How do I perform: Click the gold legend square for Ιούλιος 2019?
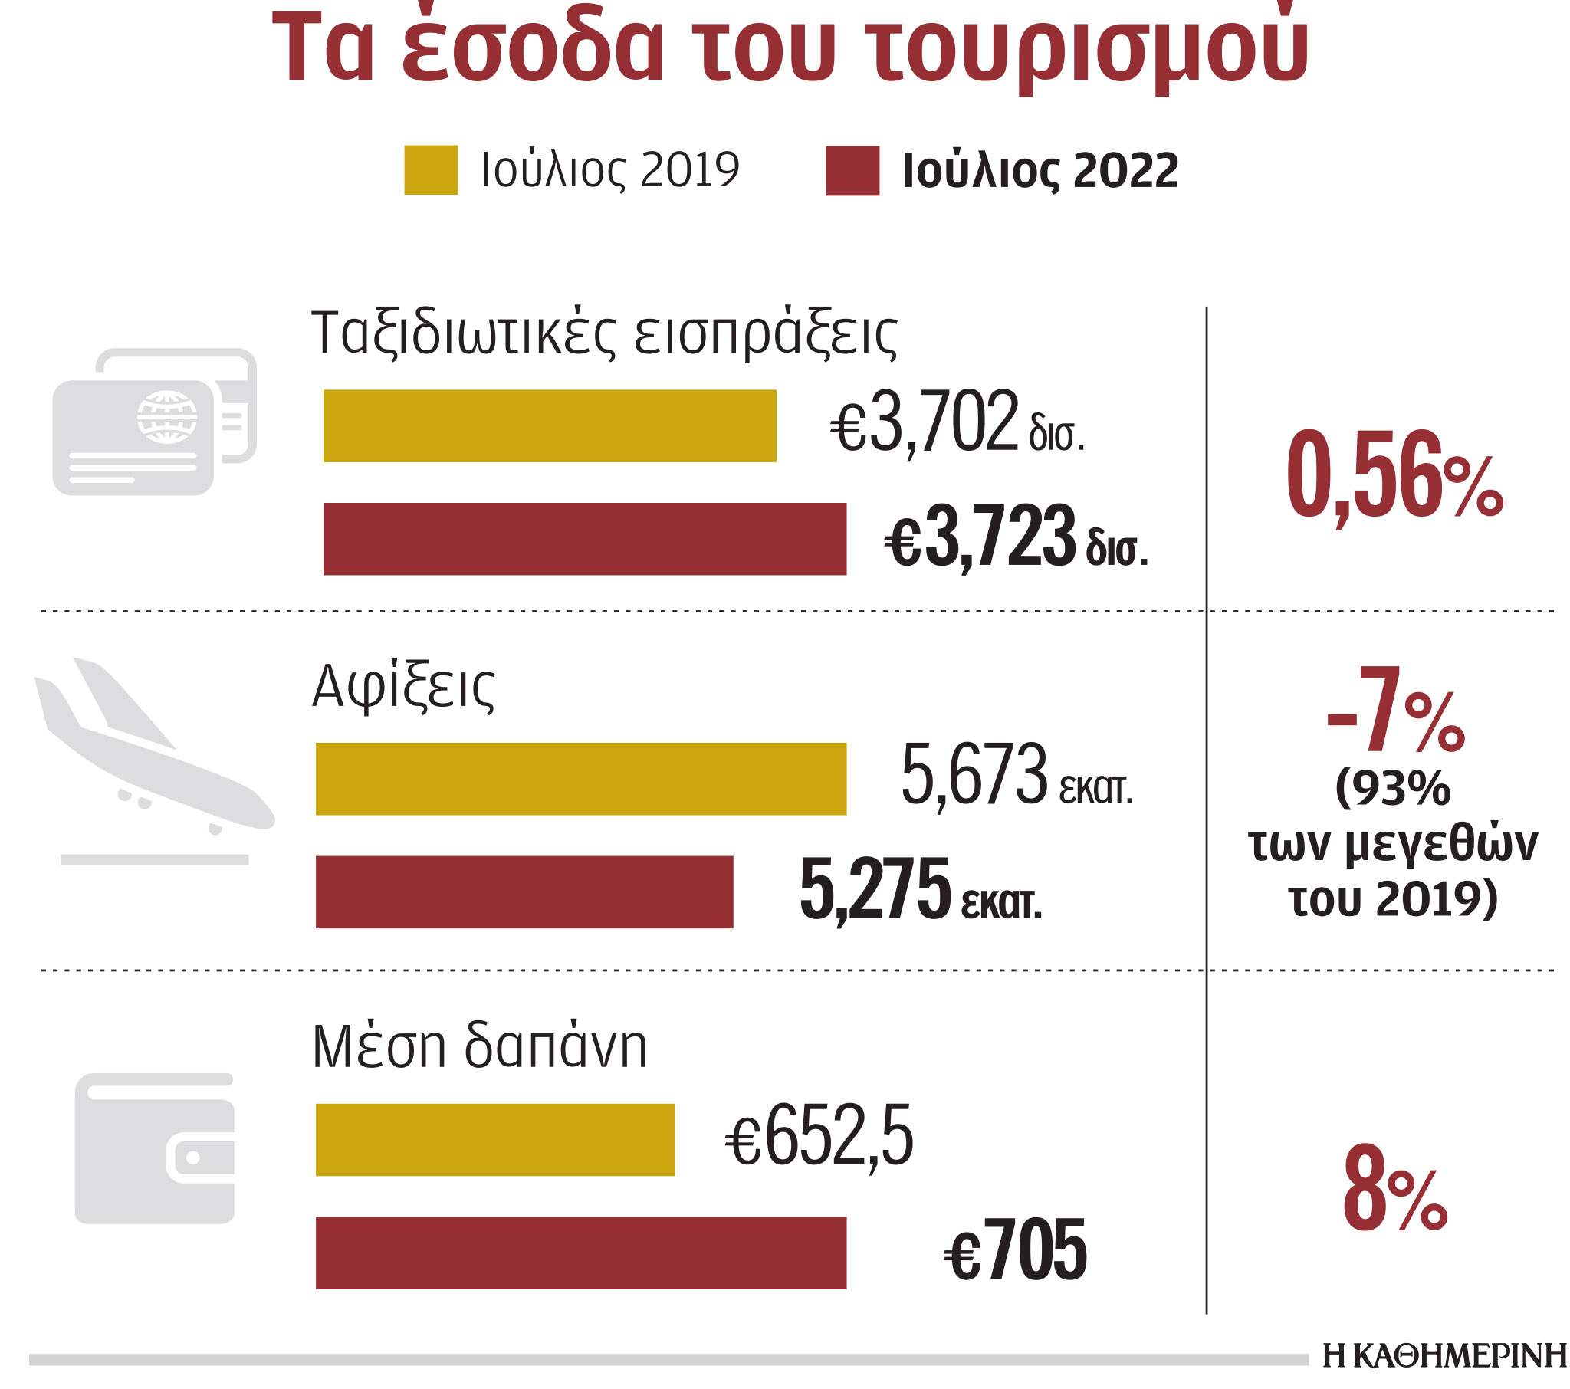(431, 169)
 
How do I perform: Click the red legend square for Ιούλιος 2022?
(852, 170)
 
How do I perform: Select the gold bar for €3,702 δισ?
(549, 425)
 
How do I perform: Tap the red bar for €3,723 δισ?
(584, 539)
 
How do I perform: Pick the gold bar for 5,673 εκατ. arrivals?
(580, 778)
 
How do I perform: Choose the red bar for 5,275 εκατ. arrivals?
(524, 892)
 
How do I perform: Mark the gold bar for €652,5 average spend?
(494, 1139)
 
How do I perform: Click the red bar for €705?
(580, 1253)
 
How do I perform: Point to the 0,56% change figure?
(1394, 476)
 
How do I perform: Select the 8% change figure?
(1394, 1188)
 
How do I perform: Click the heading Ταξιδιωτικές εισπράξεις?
(604, 334)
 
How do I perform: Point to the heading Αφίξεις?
(403, 686)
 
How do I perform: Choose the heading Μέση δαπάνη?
(480, 1046)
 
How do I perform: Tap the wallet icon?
(154, 1148)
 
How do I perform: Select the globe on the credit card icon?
(166, 417)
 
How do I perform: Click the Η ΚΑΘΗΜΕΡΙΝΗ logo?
(1444, 1356)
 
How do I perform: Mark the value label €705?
(1016, 1252)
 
